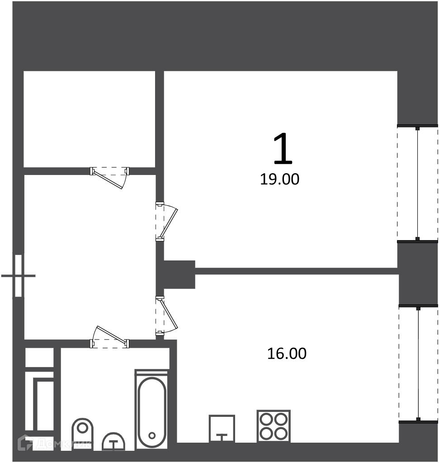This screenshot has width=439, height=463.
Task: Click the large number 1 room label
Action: tap(283, 148)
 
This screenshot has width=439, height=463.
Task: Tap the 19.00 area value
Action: tap(279, 179)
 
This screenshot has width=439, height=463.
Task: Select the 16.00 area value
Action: tap(287, 354)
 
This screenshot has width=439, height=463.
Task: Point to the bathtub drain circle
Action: tap(152, 435)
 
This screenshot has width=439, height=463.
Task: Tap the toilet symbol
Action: tap(82, 434)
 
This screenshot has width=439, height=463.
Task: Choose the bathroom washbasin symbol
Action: tap(113, 442)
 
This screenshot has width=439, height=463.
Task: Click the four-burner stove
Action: tap(274, 426)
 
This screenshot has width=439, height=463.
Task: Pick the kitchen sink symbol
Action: tap(222, 428)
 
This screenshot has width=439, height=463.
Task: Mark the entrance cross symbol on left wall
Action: tap(18, 276)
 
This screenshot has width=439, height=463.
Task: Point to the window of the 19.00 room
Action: tap(417, 184)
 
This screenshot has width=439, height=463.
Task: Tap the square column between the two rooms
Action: tap(179, 274)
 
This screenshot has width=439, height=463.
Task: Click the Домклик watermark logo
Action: tap(54, 443)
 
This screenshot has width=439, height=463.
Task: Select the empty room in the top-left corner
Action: tap(89, 119)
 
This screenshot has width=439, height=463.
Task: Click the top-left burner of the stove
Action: tap(267, 419)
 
